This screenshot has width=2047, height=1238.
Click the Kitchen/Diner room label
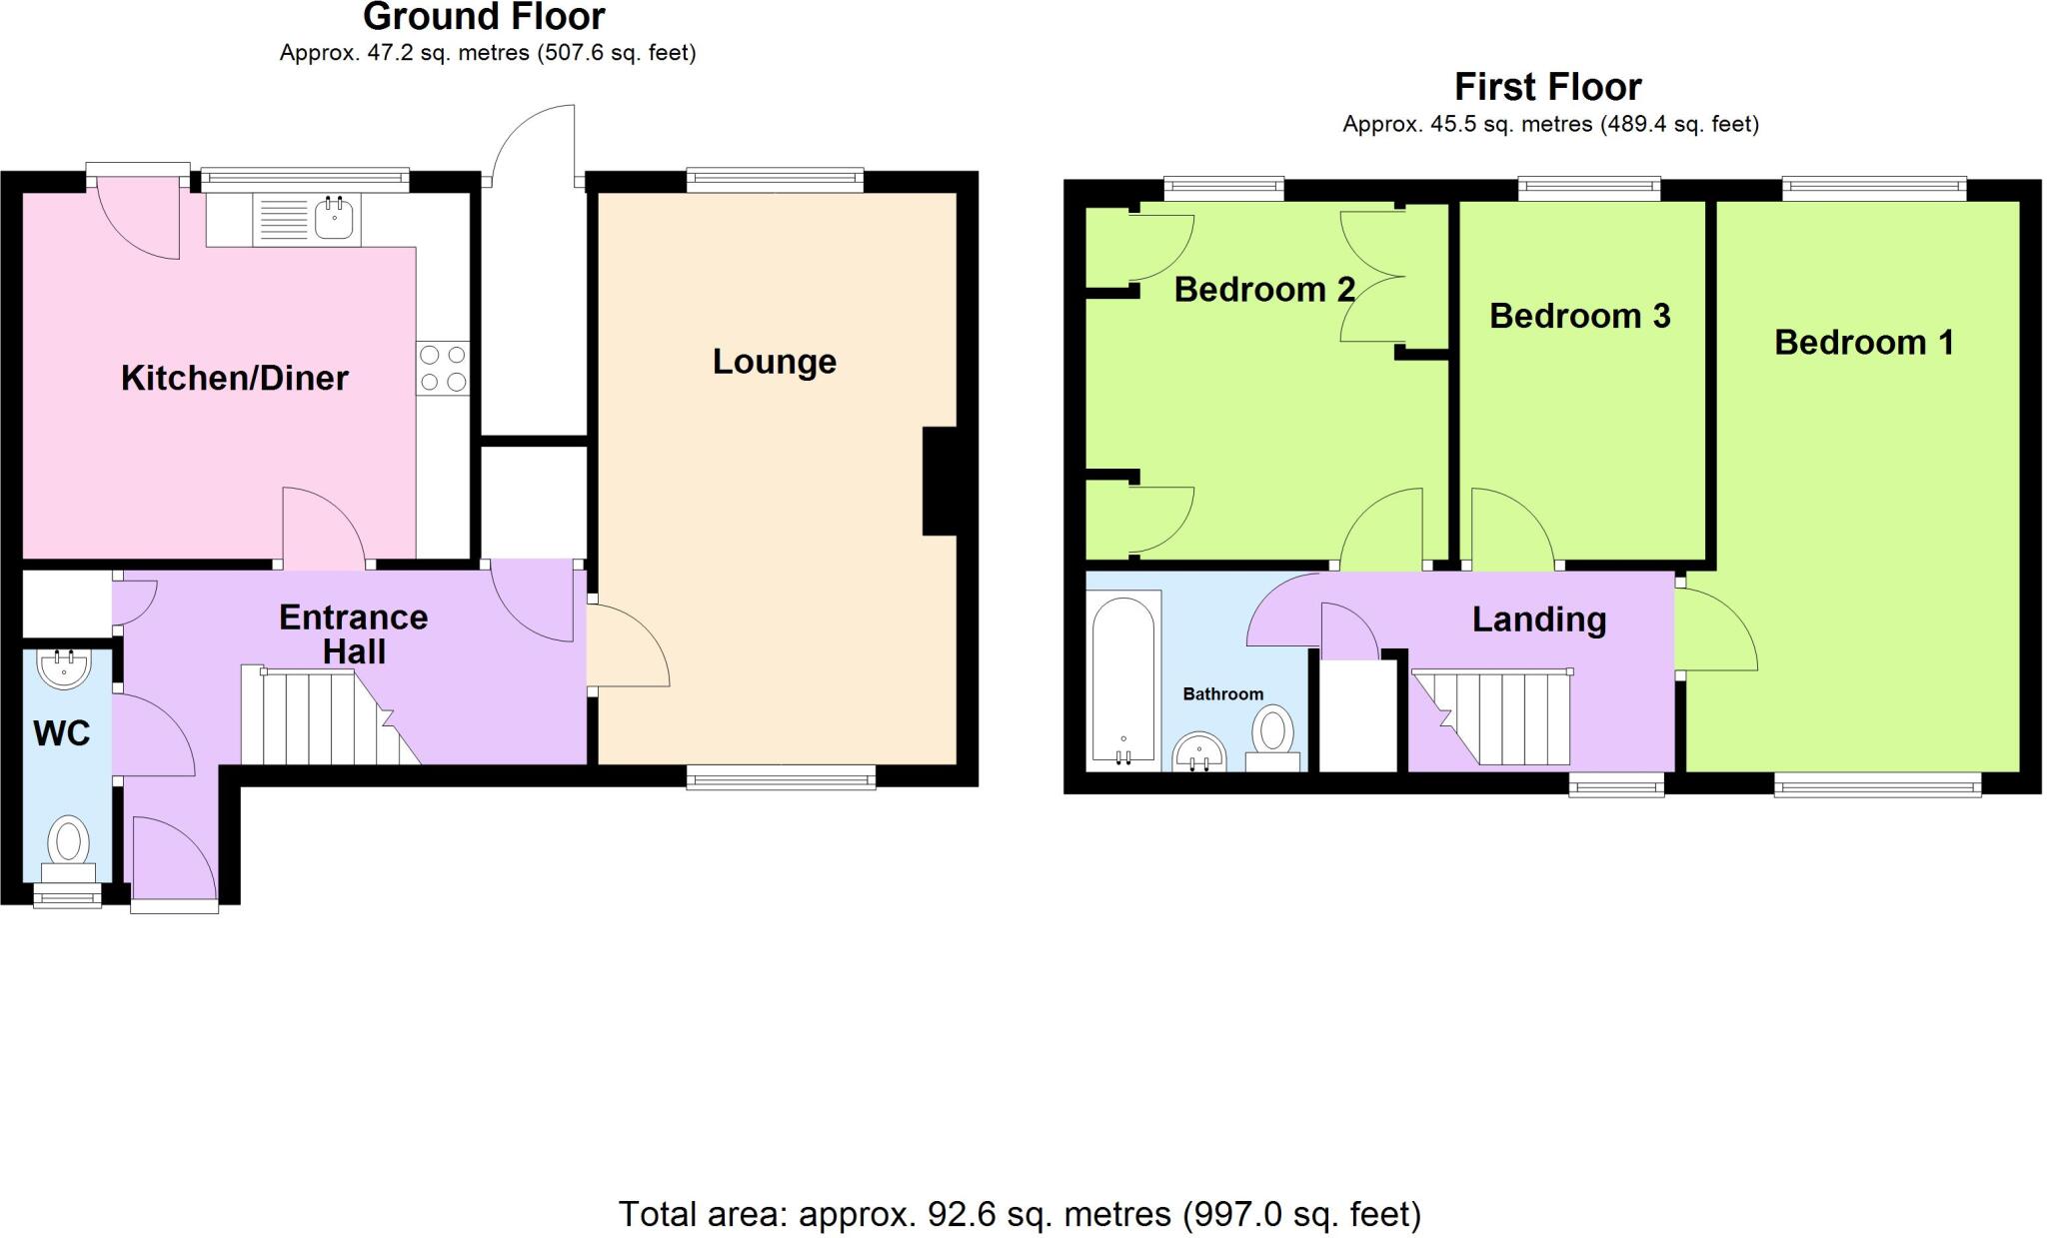[234, 378]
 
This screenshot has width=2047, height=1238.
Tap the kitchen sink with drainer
[307, 220]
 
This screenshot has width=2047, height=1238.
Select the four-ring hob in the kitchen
[443, 368]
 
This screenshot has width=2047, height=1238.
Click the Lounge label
[774, 361]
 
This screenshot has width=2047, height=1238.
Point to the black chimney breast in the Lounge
[939, 482]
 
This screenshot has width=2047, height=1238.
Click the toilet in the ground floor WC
[69, 845]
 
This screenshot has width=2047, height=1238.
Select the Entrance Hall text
[353, 633]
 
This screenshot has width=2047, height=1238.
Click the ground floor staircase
[320, 716]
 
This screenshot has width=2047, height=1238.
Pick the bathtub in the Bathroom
[1123, 680]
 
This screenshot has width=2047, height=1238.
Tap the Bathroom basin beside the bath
[1199, 751]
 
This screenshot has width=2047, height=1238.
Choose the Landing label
[1538, 619]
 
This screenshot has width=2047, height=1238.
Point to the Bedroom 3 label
[1579, 316]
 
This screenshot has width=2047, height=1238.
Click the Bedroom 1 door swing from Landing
[1714, 629]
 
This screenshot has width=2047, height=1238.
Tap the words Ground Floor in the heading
[485, 17]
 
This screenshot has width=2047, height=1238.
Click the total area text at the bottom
[1020, 1213]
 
